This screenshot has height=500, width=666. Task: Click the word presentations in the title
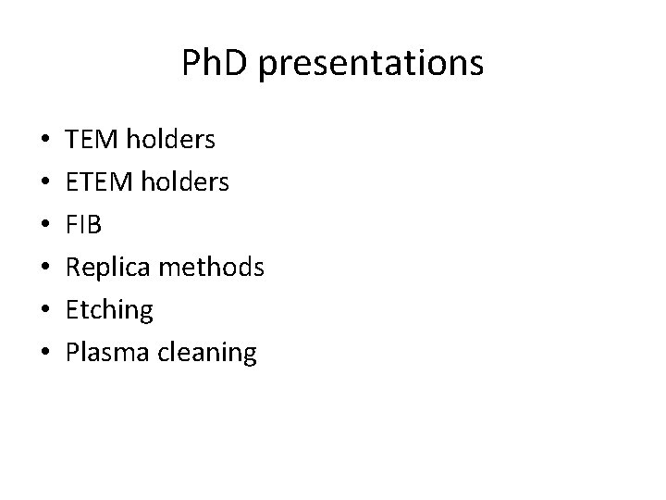coord(371,64)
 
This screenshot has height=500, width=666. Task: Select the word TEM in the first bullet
coord(92,140)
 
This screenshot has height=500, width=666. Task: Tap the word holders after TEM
coord(170,140)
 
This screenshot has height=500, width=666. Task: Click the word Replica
coord(108,268)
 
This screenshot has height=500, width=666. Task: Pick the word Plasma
coord(105,353)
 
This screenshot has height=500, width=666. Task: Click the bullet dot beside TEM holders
coord(46,141)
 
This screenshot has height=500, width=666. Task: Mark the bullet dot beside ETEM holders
coord(46,183)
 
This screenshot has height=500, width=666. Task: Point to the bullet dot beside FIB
coord(46,226)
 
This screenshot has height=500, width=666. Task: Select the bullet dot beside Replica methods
coord(46,269)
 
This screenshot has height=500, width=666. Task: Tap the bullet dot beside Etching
coord(46,311)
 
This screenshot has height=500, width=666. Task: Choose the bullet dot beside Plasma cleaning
coord(46,354)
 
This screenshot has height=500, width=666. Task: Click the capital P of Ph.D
coord(191,63)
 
